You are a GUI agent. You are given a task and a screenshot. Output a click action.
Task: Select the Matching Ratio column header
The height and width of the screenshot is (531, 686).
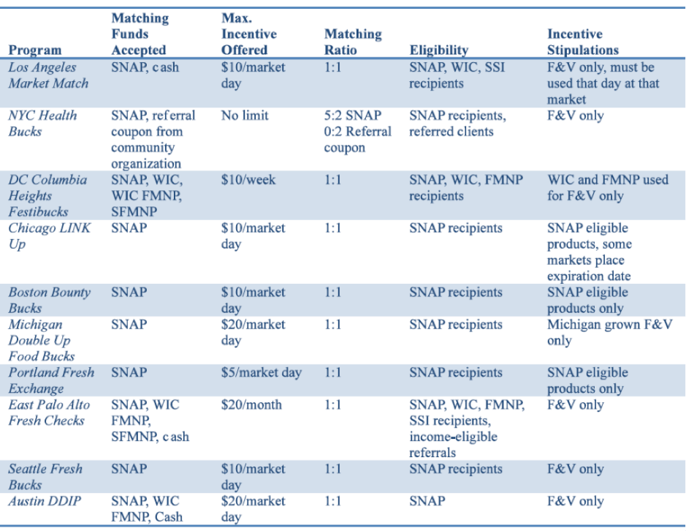[353, 42]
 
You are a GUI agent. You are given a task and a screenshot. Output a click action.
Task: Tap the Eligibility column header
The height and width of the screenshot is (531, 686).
[438, 50]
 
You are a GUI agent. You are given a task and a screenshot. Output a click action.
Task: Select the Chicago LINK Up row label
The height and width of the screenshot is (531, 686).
[50, 236]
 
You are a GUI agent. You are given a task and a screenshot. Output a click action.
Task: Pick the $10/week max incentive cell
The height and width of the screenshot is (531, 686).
[248, 180]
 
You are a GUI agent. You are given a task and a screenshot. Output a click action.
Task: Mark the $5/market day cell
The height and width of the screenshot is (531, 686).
[261, 372]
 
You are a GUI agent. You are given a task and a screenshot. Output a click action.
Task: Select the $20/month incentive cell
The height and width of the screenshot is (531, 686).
[251, 404]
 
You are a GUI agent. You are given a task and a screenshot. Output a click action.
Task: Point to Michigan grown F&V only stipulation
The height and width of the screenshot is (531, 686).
[609, 332]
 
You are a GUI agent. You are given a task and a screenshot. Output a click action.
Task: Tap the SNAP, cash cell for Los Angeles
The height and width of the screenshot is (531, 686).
[145, 67]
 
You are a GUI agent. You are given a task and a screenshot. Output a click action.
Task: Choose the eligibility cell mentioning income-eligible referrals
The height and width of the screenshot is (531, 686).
[466, 429]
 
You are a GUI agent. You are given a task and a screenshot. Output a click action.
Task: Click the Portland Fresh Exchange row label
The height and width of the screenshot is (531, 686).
[51, 380]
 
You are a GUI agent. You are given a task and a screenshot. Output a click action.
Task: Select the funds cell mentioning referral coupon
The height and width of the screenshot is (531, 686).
[153, 140]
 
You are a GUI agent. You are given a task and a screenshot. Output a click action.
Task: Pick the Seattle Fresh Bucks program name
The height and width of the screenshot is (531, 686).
[45, 477]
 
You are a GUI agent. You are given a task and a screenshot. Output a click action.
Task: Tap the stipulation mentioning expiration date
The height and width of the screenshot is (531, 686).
[589, 252]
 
